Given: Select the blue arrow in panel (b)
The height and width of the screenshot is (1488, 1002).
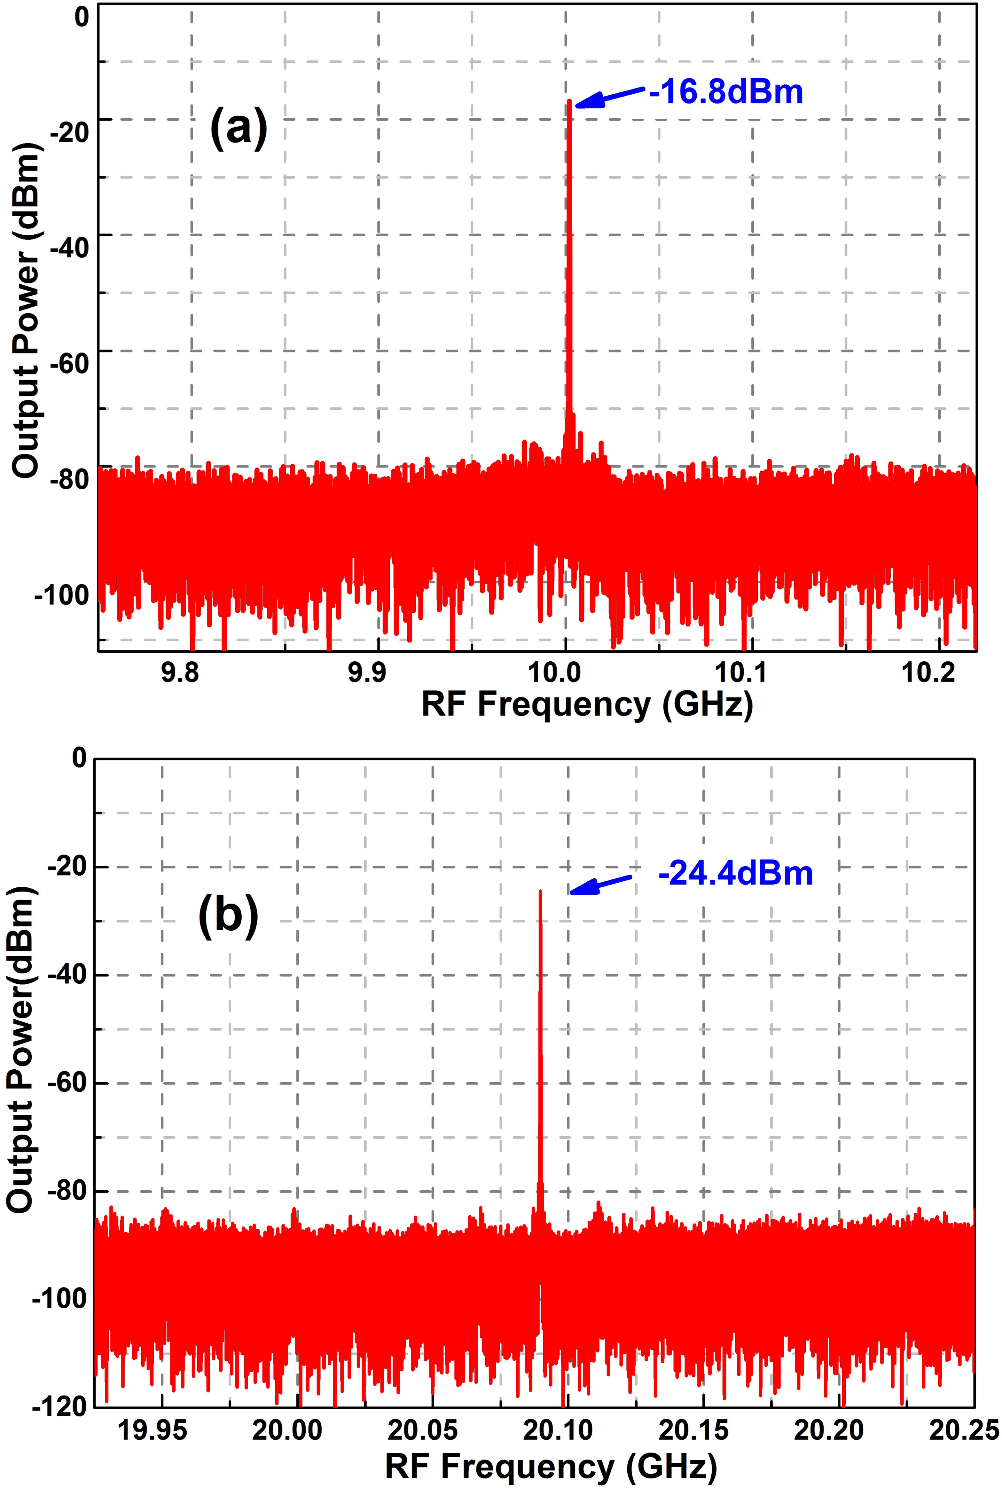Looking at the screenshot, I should tap(601, 885).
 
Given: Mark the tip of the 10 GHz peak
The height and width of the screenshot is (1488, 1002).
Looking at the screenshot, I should tap(569, 101).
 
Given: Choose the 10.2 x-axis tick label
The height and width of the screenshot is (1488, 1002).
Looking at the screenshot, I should tap(928, 673).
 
